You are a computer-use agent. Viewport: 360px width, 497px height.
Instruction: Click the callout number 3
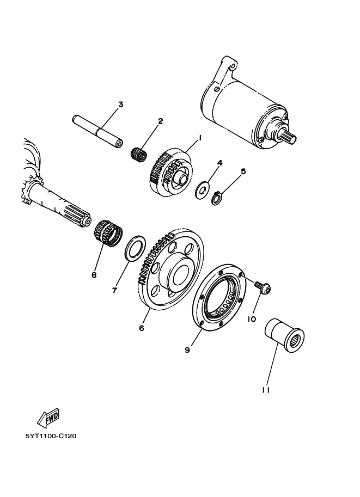[x=120, y=104]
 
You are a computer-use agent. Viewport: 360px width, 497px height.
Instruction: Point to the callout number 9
[x=187, y=351]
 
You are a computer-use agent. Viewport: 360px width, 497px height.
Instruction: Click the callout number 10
[x=252, y=319]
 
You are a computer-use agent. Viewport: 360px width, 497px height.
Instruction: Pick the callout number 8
[x=94, y=275]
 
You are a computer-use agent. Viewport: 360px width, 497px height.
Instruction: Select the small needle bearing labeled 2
[x=140, y=153]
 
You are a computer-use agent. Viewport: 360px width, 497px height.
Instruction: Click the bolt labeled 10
[x=264, y=288]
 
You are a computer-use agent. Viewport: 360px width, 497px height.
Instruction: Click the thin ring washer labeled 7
[x=135, y=248]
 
